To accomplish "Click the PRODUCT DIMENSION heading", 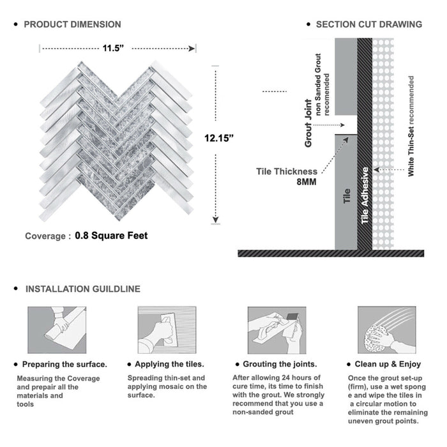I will coord(72,24).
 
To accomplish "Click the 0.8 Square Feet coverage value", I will coord(111,236).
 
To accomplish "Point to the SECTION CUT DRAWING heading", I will coord(368,24).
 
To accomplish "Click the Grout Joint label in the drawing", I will coord(309,123).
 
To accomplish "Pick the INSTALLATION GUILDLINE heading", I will coord(82,289).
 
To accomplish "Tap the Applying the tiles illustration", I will coord(166,330).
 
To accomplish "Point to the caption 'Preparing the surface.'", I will coord(64,365).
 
